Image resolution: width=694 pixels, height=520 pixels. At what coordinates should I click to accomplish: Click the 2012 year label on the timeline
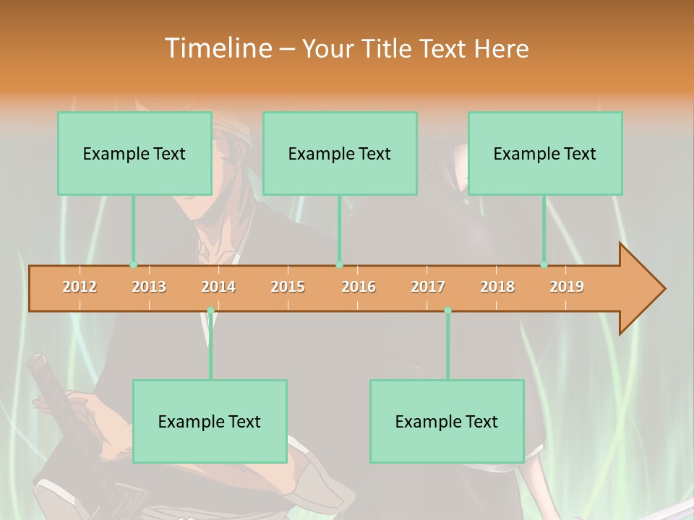click(x=80, y=287)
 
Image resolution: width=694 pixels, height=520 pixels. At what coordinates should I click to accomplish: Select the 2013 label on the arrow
click(x=149, y=287)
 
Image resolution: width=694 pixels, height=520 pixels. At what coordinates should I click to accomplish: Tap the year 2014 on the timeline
click(x=218, y=287)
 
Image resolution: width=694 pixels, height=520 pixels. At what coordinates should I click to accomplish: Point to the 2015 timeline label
click(x=288, y=287)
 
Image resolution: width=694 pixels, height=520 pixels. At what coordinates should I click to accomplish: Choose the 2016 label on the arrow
click(x=359, y=287)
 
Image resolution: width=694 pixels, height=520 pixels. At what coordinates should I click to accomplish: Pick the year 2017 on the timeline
click(x=428, y=287)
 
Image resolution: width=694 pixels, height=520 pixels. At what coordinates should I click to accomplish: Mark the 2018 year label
click(x=497, y=287)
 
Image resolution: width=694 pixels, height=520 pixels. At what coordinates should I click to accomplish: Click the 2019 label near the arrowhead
click(x=567, y=287)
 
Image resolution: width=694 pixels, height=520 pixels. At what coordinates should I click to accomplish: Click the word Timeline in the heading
click(x=218, y=48)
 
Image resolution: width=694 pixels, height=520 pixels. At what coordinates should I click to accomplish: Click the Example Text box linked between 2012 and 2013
click(x=134, y=153)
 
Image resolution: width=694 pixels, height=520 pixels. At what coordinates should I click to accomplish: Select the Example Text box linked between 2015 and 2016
click(x=340, y=153)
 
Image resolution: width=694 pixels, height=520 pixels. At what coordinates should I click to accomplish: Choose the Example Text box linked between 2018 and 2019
click(x=545, y=153)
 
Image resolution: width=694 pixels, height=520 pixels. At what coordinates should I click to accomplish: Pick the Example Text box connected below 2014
click(x=210, y=421)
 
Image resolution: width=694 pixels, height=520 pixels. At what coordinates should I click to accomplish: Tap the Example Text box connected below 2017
click(x=447, y=421)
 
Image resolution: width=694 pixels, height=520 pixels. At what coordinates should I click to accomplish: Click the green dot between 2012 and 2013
click(x=133, y=265)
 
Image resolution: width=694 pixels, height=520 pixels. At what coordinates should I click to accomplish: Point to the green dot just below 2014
click(x=210, y=311)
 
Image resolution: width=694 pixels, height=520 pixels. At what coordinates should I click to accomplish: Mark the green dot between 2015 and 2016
click(x=339, y=265)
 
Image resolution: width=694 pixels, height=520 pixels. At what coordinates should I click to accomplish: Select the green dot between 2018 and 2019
click(x=544, y=265)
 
